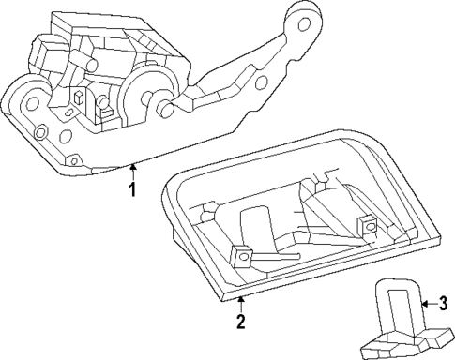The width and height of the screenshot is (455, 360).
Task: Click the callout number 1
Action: click(133, 189)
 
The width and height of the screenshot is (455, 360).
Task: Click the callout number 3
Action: click(444, 303)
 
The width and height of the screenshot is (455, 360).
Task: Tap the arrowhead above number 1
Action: click(133, 168)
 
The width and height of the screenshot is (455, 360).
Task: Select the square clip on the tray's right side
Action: click(369, 225)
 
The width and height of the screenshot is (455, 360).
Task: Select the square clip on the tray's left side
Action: click(242, 253)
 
